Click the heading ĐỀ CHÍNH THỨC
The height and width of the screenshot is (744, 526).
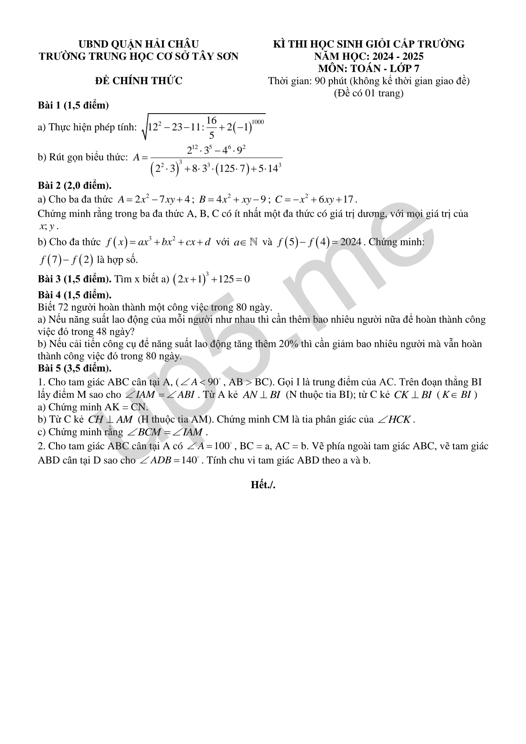[x=139, y=81]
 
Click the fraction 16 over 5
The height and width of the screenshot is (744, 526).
[x=211, y=128]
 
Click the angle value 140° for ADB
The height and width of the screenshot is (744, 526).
[x=191, y=460]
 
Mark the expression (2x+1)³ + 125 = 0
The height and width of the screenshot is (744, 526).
[x=212, y=279]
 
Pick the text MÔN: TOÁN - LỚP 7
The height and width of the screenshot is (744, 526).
[x=369, y=69]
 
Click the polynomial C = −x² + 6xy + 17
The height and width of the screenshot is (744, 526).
[x=316, y=199]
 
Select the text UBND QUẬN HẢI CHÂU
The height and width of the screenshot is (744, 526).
[x=139, y=44]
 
